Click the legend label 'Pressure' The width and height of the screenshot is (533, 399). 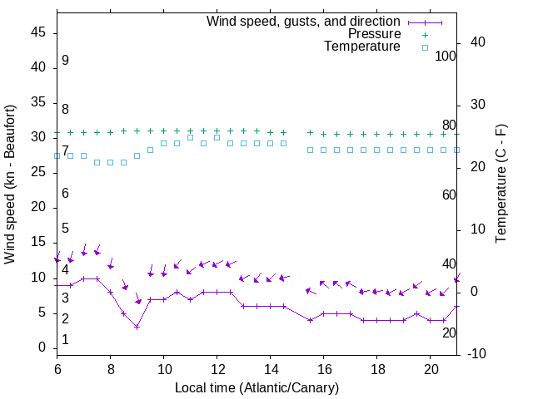pyautogui.click(x=375, y=34)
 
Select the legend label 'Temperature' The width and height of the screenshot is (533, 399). pyautogui.click(x=362, y=47)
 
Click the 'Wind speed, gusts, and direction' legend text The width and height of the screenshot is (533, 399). pyautogui.click(x=304, y=21)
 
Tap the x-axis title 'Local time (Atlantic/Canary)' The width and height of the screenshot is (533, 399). pyautogui.click(x=257, y=387)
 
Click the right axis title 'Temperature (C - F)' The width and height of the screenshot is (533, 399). pyautogui.click(x=501, y=185)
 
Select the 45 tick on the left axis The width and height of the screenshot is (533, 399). pyautogui.click(x=37, y=33)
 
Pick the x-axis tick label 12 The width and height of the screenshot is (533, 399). pyautogui.click(x=217, y=367)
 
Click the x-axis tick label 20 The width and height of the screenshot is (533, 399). pyautogui.click(x=431, y=367)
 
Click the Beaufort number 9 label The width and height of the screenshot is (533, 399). pyautogui.click(x=65, y=61)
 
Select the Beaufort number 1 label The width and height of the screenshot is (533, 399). pyautogui.click(x=65, y=340)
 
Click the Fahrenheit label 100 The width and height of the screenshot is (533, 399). pyautogui.click(x=446, y=57)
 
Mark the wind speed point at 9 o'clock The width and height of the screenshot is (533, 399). pyautogui.click(x=137, y=327)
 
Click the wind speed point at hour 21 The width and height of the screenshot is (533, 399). pyautogui.click(x=457, y=306)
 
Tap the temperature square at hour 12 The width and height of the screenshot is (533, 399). pyautogui.click(x=217, y=137)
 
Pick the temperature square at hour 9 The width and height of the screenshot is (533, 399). pyautogui.click(x=137, y=155)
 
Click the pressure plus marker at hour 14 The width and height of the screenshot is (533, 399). pyautogui.click(x=271, y=131)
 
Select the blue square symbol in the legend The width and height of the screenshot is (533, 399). pyautogui.click(x=424, y=47)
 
